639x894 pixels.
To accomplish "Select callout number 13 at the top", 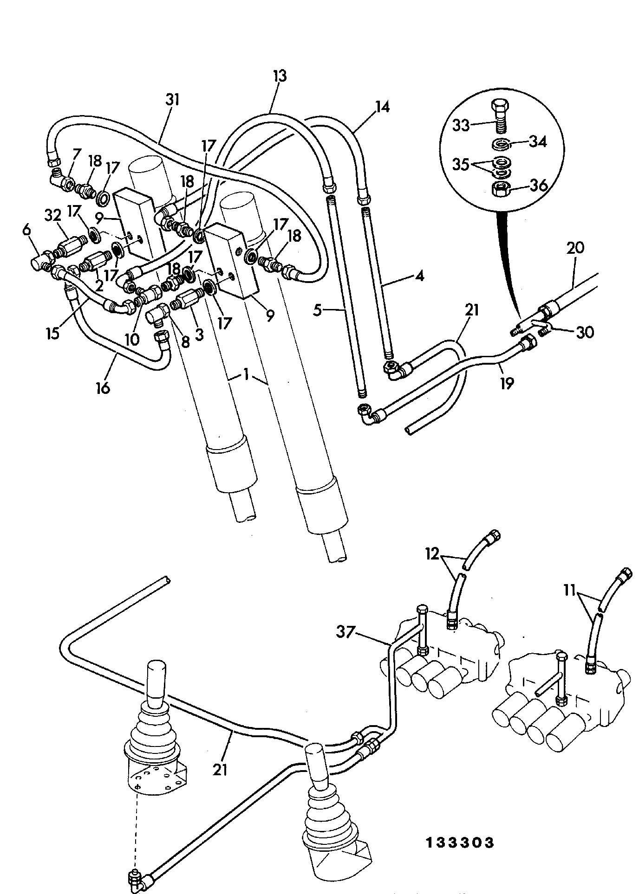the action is click(x=280, y=76).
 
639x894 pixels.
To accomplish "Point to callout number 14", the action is click(x=382, y=107).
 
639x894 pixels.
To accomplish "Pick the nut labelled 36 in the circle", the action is click(x=501, y=189).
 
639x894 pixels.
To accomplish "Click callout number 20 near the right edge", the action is click(x=575, y=248).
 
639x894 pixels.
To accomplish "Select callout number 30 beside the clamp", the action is click(x=585, y=332).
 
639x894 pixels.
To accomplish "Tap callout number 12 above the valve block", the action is click(x=432, y=554).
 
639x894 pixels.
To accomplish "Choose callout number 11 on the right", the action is click(x=569, y=591).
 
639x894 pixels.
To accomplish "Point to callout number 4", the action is click(x=419, y=276).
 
